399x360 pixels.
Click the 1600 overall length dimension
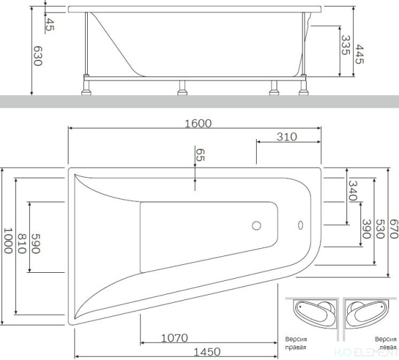(x=198, y=124)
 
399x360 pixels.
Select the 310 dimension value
(x=287, y=137)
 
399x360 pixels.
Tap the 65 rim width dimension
(x=200, y=155)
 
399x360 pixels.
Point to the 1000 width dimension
(x=9, y=241)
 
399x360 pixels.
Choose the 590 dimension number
(x=36, y=244)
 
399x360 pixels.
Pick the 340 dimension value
(x=352, y=190)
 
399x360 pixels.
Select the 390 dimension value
(x=366, y=229)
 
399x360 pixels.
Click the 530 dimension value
(x=380, y=229)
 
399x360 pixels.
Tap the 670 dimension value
(x=394, y=229)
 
